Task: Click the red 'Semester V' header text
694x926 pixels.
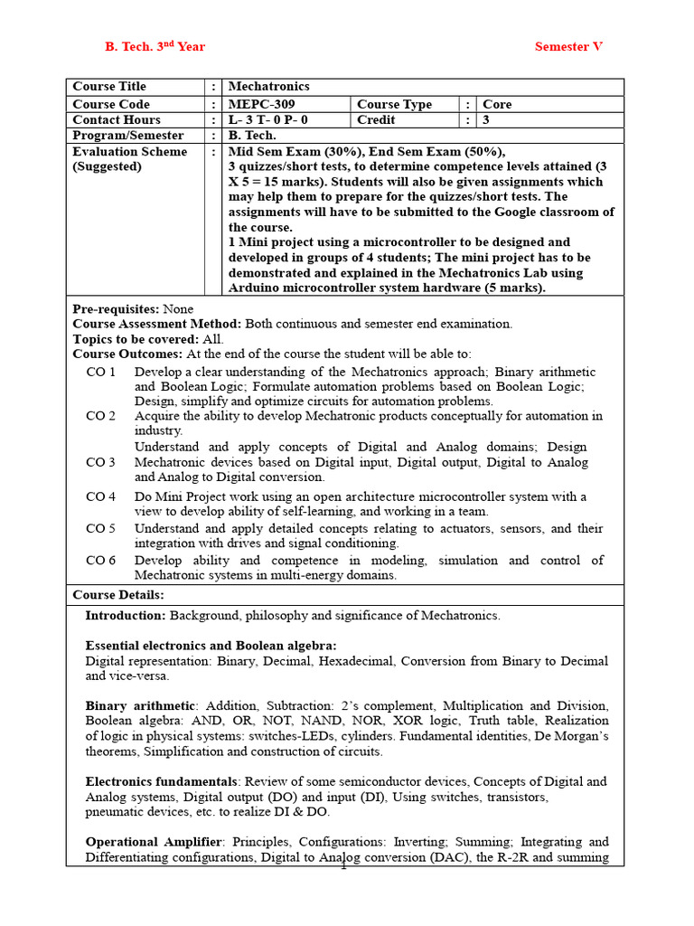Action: click(x=567, y=46)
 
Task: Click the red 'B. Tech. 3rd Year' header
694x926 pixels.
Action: click(x=155, y=46)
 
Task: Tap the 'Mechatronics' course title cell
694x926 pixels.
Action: click(x=268, y=86)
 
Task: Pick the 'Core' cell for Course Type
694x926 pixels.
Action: click(x=497, y=104)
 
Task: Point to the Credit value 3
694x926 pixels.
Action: click(x=486, y=119)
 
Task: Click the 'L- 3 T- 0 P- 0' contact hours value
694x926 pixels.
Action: click(x=268, y=119)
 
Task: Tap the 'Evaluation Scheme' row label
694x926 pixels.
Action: click(x=130, y=152)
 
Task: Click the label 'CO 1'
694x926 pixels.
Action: click(x=101, y=372)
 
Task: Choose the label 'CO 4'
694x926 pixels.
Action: click(x=101, y=496)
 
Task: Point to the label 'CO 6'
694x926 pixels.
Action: click(x=101, y=560)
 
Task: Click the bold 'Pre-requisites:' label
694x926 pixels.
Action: click(x=116, y=309)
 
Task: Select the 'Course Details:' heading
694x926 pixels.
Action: click(x=118, y=595)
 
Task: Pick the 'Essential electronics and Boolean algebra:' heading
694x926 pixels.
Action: click(x=211, y=646)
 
